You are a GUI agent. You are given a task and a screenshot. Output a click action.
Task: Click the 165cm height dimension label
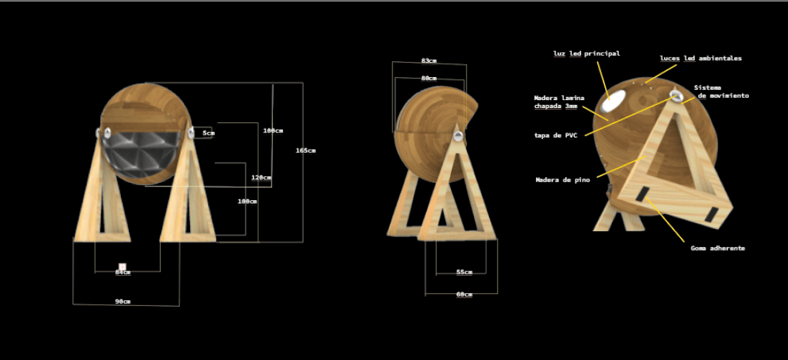tap(305, 150)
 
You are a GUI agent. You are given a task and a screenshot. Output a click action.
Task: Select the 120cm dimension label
tap(261, 178)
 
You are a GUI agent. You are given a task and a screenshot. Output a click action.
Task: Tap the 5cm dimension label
tap(207, 133)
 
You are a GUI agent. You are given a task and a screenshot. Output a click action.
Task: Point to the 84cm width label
tap(122, 273)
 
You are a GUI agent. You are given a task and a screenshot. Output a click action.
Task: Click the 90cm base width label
tap(122, 301)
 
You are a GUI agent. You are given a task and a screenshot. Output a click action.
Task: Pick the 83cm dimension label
tap(429, 61)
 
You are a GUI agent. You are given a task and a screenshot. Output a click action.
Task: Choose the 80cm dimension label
tap(429, 78)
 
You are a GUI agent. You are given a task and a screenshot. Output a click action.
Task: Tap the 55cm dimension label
tap(464, 272)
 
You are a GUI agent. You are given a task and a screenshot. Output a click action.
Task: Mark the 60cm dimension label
tap(464, 294)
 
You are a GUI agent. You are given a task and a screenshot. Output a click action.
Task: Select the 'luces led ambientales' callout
tap(700, 58)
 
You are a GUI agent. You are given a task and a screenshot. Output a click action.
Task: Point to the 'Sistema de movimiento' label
tap(721, 91)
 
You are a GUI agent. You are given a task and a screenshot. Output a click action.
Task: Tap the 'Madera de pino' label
tap(563, 180)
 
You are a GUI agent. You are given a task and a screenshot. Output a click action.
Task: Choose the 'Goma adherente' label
tap(717, 248)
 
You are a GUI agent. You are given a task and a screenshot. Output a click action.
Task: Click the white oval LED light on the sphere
tap(614, 102)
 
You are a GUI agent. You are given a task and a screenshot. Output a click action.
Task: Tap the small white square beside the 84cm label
tap(122, 266)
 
